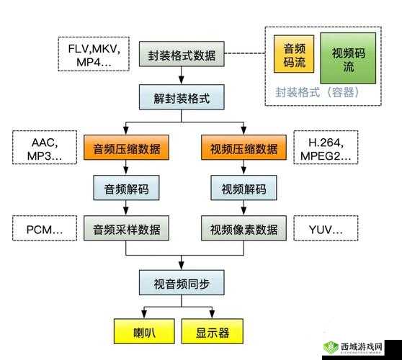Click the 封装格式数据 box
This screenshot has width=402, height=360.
pos(181,55)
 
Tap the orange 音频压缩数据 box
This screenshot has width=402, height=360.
pos(127,149)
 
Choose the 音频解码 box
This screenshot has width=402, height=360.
pos(127,189)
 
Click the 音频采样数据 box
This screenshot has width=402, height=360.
pos(127,230)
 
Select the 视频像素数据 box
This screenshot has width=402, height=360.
pos(243,230)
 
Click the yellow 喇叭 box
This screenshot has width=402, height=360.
pos(144,333)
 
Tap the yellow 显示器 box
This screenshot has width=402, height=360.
pos(212,333)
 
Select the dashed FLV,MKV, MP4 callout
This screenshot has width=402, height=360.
pos(93,55)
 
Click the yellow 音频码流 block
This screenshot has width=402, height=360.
pos(293,56)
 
